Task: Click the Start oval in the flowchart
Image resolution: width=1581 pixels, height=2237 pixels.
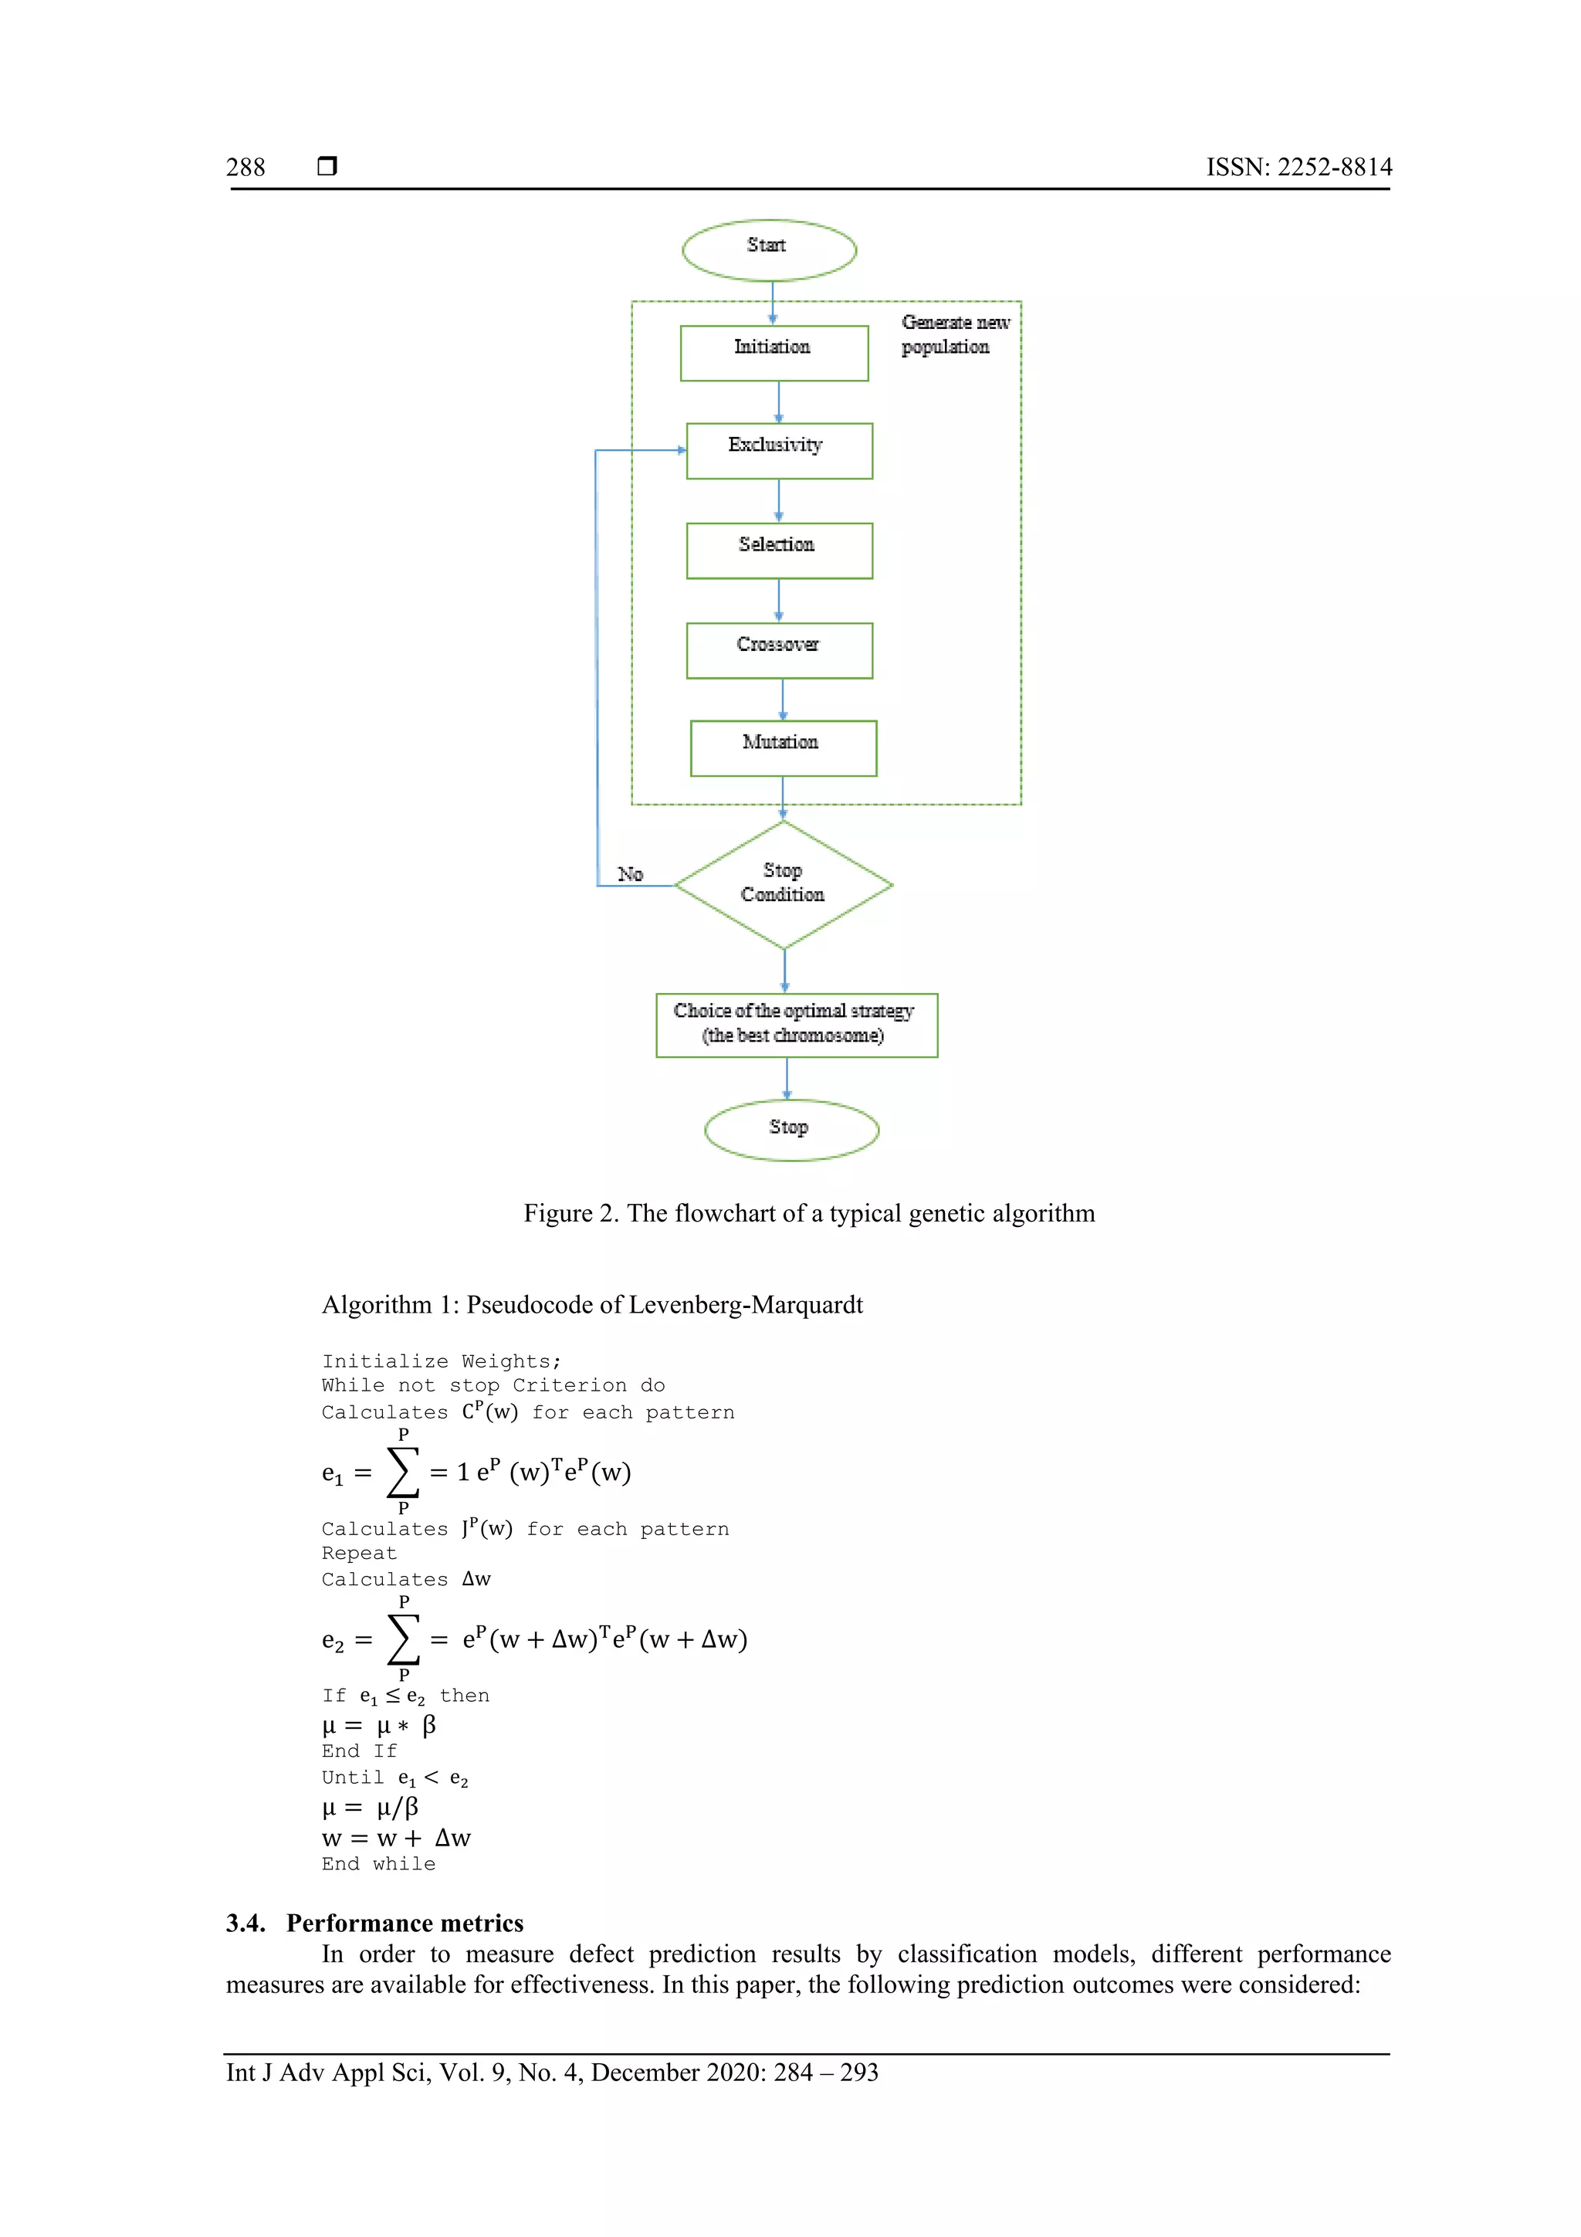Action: [x=769, y=249]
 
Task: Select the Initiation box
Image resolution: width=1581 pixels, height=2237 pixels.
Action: [x=774, y=353]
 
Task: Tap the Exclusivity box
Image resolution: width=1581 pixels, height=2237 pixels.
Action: [x=778, y=450]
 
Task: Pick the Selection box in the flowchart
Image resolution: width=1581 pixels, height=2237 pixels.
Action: [x=778, y=551]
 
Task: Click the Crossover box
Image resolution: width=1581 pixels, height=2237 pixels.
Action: [x=778, y=650]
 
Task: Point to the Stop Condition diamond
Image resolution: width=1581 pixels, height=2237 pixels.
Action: [x=784, y=883]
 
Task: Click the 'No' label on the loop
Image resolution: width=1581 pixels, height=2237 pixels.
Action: [x=630, y=874]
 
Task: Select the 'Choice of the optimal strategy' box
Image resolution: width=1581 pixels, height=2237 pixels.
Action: [x=796, y=1024]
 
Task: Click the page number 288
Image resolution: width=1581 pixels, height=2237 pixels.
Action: [x=245, y=168]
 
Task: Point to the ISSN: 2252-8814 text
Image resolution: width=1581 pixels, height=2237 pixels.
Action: [x=1298, y=168]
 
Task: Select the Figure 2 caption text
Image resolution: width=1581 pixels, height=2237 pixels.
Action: [x=808, y=1213]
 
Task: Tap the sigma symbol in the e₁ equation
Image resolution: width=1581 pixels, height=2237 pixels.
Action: [x=402, y=1471]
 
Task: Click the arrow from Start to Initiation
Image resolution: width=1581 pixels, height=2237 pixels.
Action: [x=773, y=302]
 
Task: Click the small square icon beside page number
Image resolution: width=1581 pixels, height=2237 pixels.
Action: [x=327, y=167]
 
